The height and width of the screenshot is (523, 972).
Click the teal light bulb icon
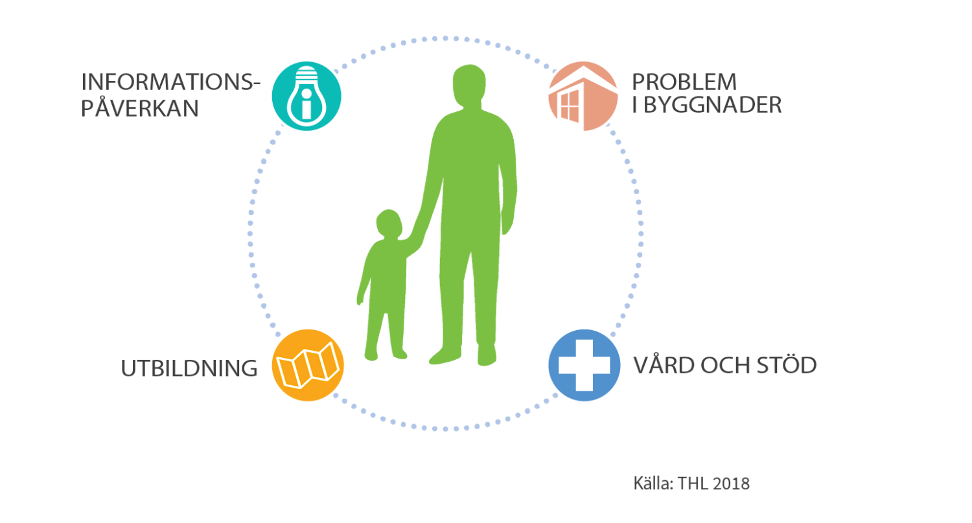[x=307, y=96]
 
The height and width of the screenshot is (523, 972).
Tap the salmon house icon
[x=583, y=96]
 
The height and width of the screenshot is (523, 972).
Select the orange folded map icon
[x=308, y=365]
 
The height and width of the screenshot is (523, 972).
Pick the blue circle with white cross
[x=583, y=365]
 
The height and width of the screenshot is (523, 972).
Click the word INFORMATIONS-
[x=170, y=82]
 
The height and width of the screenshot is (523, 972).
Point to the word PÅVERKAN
[x=139, y=108]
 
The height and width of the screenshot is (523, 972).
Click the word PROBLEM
[x=685, y=82]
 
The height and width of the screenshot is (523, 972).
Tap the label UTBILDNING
[x=189, y=368]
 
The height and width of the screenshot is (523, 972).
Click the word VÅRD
[x=664, y=365]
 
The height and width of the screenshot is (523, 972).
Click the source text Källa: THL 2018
[x=691, y=484]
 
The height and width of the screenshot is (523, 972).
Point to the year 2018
[x=732, y=484]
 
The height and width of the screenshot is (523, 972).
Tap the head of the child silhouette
[x=388, y=224]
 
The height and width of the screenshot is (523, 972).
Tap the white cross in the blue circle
[x=583, y=365]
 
